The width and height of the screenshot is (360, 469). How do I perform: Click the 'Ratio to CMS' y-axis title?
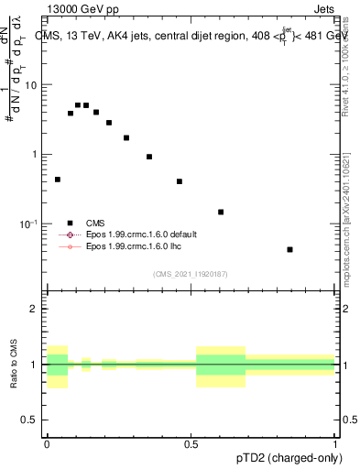pyautogui.click(x=16, y=364)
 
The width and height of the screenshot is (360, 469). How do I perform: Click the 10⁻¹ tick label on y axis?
pyautogui.click(x=29, y=224)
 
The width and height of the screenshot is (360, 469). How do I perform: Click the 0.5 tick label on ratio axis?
pyautogui.click(x=29, y=420)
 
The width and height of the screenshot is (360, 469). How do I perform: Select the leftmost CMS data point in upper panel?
pyautogui.click(x=58, y=180)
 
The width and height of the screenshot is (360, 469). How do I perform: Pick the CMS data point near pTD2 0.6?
pyautogui.click(x=221, y=212)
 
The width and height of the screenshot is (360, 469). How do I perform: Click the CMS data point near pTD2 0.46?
pyautogui.click(x=180, y=181)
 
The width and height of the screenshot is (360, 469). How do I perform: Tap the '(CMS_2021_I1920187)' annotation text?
pyautogui.click(x=191, y=274)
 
